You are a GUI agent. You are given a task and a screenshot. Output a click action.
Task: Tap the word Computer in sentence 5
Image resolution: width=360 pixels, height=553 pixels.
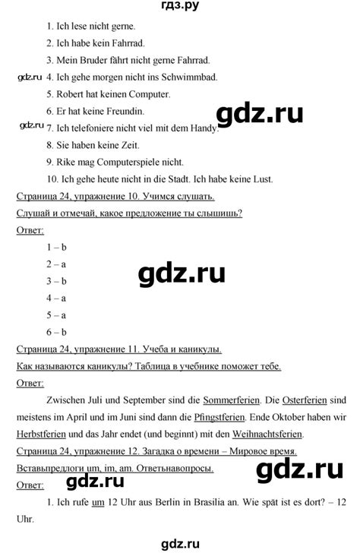pos(148,94)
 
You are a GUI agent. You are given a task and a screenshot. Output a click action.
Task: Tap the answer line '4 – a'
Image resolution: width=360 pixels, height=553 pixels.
pos(57,297)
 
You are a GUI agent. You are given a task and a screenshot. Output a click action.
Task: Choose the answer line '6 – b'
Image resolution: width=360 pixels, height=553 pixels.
pos(57,331)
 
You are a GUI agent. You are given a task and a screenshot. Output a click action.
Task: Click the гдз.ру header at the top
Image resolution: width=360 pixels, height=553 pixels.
pos(179,8)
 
